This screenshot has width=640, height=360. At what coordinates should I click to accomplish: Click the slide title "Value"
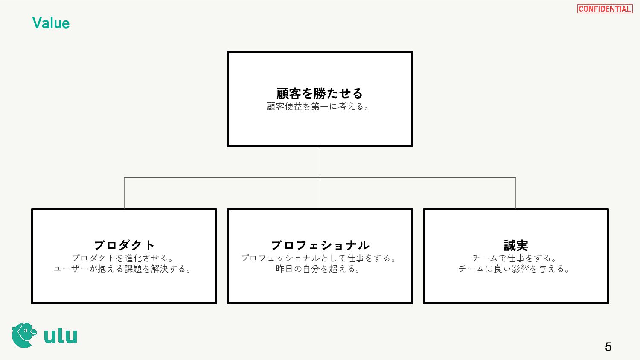click(x=51, y=23)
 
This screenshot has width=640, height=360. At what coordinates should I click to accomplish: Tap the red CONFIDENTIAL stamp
click(x=605, y=9)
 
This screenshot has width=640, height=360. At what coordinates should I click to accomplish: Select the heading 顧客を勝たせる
click(x=320, y=93)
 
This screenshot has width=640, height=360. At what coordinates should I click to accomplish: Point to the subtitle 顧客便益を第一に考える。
click(x=318, y=107)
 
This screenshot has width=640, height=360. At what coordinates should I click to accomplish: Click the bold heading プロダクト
click(x=124, y=245)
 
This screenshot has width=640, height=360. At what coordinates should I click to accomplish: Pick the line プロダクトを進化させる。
click(x=123, y=258)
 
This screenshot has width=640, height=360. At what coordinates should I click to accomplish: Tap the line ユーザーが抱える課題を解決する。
click(x=123, y=269)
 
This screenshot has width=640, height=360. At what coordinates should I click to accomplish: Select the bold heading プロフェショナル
click(x=320, y=245)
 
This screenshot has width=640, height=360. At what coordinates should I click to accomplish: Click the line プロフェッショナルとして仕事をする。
click(x=319, y=258)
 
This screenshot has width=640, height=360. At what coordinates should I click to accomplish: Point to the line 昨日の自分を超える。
click(x=318, y=269)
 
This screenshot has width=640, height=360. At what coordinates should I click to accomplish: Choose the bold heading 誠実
click(x=516, y=245)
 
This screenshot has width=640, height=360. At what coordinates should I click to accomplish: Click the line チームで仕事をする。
click(x=515, y=258)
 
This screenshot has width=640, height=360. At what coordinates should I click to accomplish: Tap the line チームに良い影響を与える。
click(x=515, y=269)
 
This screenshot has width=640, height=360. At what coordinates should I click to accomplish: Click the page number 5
click(x=608, y=347)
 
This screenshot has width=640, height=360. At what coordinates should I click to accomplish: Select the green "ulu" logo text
click(x=61, y=336)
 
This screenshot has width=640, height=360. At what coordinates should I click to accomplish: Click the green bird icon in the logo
click(x=22, y=335)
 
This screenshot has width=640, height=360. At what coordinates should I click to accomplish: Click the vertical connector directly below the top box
click(x=320, y=162)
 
